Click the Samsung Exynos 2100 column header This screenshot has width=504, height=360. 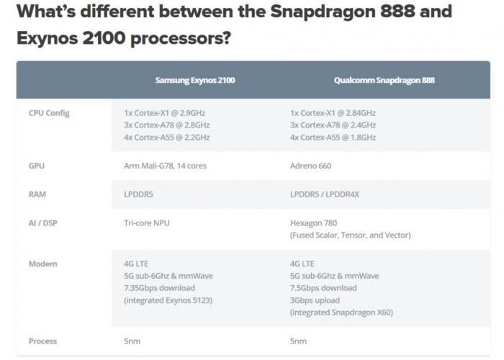tap(195, 80)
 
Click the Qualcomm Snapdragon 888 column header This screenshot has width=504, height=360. tap(384, 80)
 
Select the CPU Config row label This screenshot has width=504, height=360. tap(49, 113)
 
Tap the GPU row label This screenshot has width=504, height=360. tap(37, 166)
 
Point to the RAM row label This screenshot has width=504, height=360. tap(37, 194)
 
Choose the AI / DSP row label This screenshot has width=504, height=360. tap(42, 222)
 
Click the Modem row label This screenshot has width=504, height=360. tap(42, 264)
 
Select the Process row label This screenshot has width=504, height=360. tap(42, 341)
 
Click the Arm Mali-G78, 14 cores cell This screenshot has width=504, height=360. tap(165, 166)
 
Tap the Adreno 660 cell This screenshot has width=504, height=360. tap(310, 166)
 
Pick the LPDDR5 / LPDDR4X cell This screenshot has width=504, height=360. tap(325, 194)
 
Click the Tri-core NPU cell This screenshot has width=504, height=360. tap(147, 222)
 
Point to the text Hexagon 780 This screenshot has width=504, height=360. tap(313, 222)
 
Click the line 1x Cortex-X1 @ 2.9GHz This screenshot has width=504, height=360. tap(165, 113)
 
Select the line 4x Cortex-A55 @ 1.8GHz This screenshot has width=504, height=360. tap(333, 138)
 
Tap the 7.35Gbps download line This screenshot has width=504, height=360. tap(159, 288)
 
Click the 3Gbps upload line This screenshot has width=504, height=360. tap(315, 300)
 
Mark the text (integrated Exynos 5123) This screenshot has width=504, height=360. tap(168, 300)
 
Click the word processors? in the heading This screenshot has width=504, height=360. tap(181, 38)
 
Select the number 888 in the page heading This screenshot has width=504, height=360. tap(397, 12)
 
